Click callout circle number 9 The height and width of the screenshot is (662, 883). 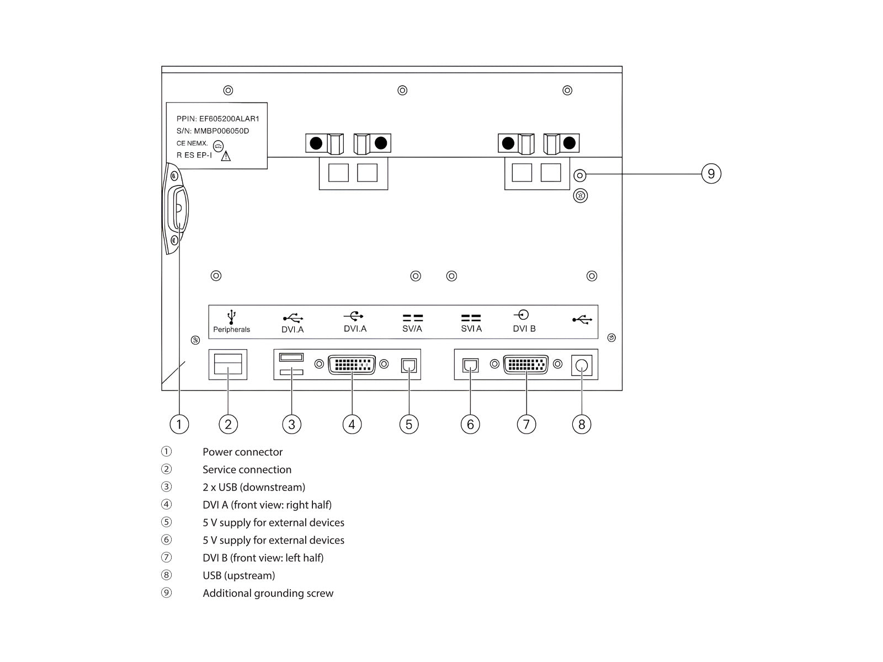(x=711, y=174)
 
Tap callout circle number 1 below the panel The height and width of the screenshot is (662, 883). (x=179, y=424)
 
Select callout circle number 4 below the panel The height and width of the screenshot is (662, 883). (x=352, y=424)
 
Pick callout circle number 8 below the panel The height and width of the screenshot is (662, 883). (x=581, y=424)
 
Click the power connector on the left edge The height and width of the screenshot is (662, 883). (x=178, y=209)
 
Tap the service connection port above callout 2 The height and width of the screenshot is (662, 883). (x=228, y=365)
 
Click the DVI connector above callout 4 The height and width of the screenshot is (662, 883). (x=352, y=365)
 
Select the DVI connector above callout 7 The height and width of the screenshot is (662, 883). (x=526, y=365)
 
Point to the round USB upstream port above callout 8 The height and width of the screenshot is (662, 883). (x=581, y=365)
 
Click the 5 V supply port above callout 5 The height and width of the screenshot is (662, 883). (x=409, y=365)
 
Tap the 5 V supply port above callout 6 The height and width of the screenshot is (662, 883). (x=470, y=365)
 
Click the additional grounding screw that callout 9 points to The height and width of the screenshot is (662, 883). (x=579, y=175)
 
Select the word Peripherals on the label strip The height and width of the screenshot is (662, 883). (x=232, y=329)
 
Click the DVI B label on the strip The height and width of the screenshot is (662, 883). (x=524, y=329)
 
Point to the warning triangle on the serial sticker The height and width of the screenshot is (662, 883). (x=226, y=156)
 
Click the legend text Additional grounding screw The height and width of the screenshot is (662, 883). (x=268, y=593)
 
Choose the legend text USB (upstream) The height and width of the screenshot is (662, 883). (x=238, y=575)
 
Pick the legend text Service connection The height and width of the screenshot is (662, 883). (x=247, y=469)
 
